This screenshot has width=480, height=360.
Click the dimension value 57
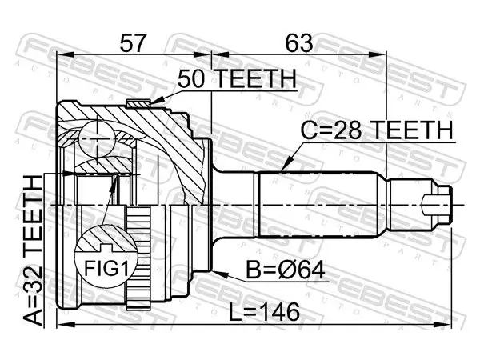pos(132,43)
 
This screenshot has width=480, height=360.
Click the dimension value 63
pos(299,43)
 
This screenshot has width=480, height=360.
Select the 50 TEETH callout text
pos(238,78)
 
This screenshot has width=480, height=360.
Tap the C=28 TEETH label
pos(377,130)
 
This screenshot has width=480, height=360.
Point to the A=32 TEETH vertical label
pos(33,250)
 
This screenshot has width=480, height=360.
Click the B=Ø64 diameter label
pos(286,270)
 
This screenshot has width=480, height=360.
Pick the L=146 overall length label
pos(264,312)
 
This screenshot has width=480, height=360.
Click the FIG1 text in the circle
pos(106,268)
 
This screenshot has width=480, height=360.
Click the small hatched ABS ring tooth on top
pos(138,103)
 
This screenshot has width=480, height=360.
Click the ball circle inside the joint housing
pos(98,139)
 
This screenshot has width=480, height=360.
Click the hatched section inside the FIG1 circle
pos(106,238)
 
